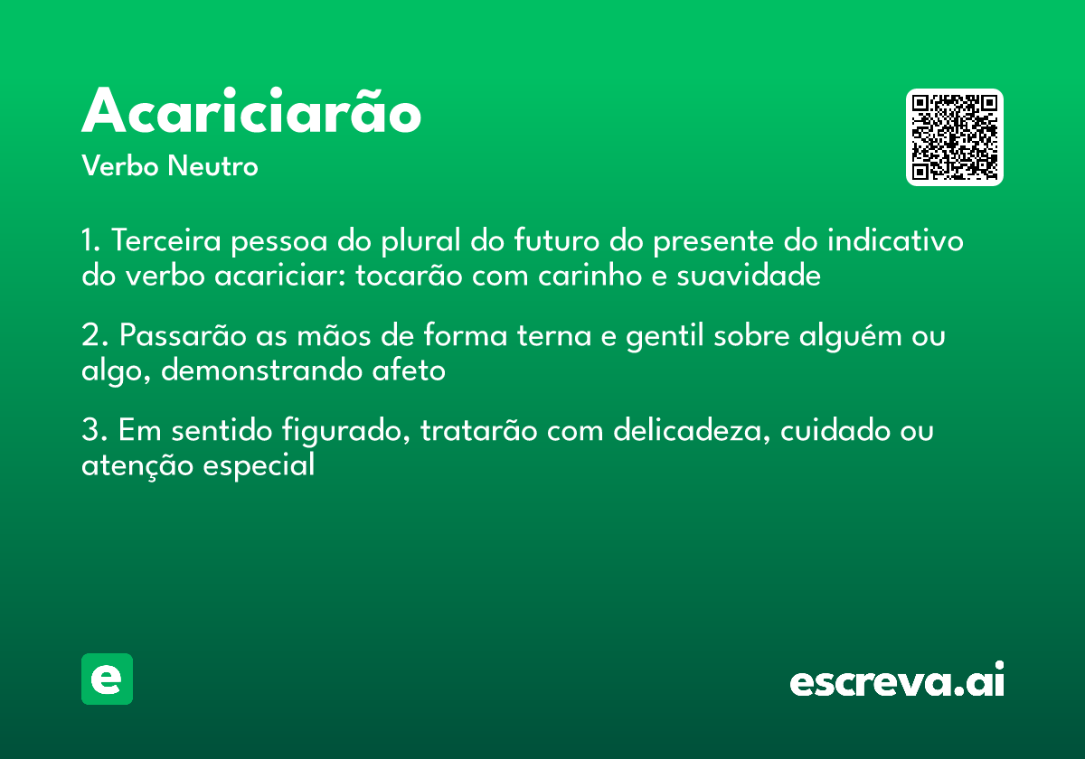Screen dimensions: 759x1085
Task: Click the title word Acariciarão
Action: [251, 113]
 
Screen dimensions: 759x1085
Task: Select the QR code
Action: [954, 137]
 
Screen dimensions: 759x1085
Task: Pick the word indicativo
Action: [895, 242]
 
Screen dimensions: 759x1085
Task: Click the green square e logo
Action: [107, 679]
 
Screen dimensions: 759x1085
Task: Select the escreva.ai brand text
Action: [896, 680]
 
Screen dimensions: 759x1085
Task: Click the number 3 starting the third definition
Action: [90, 431]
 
